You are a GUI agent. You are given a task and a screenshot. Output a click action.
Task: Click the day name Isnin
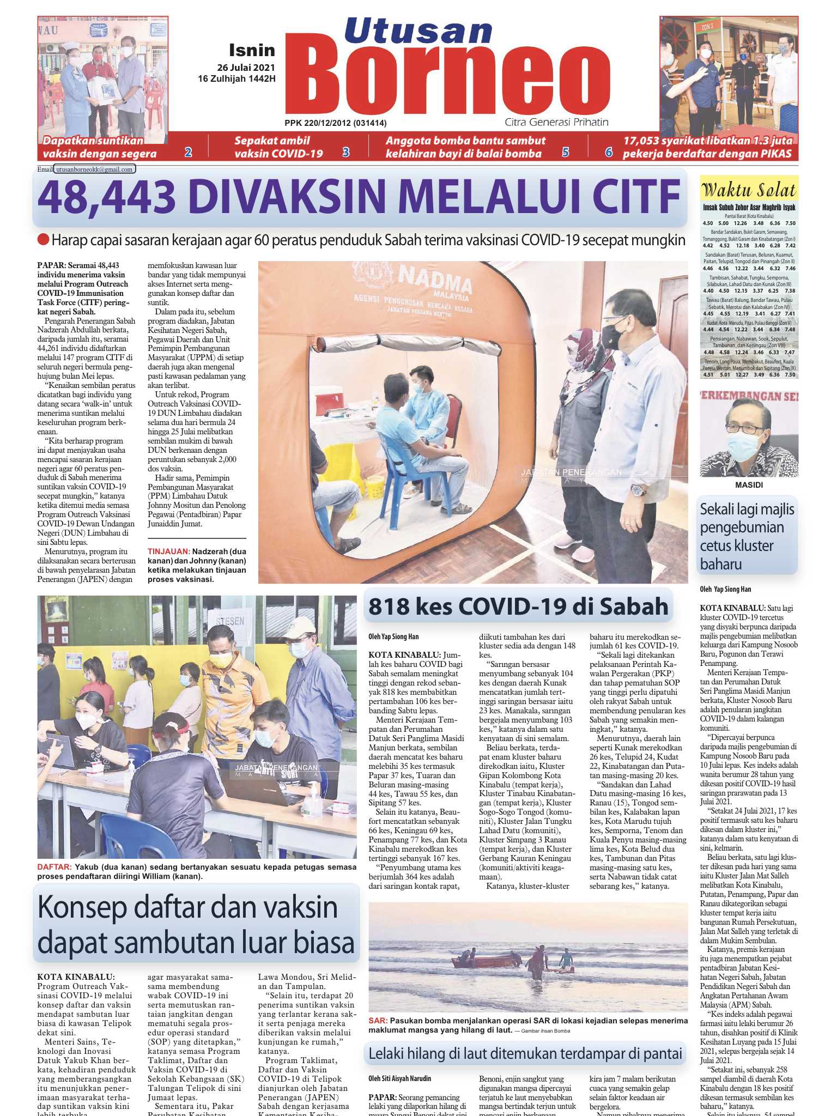(x=252, y=51)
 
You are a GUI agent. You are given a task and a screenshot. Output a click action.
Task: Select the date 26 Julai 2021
(x=246, y=68)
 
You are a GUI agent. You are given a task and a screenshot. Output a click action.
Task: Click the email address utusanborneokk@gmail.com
(x=95, y=169)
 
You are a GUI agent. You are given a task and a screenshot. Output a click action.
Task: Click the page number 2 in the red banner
(x=188, y=153)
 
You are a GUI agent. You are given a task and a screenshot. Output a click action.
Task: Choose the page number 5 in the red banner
(x=566, y=153)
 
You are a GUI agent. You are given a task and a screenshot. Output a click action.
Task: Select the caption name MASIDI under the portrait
(x=749, y=484)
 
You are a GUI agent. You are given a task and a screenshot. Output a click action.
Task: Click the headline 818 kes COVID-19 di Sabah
(x=518, y=606)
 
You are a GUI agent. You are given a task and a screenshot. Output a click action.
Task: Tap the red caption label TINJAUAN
(x=169, y=551)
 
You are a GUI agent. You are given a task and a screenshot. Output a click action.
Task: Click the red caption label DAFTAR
(x=54, y=867)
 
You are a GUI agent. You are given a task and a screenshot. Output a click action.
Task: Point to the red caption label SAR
(x=377, y=1021)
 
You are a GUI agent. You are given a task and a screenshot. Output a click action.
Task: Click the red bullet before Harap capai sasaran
(x=43, y=240)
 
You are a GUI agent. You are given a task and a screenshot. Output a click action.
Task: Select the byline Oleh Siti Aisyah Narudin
(x=400, y=1078)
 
